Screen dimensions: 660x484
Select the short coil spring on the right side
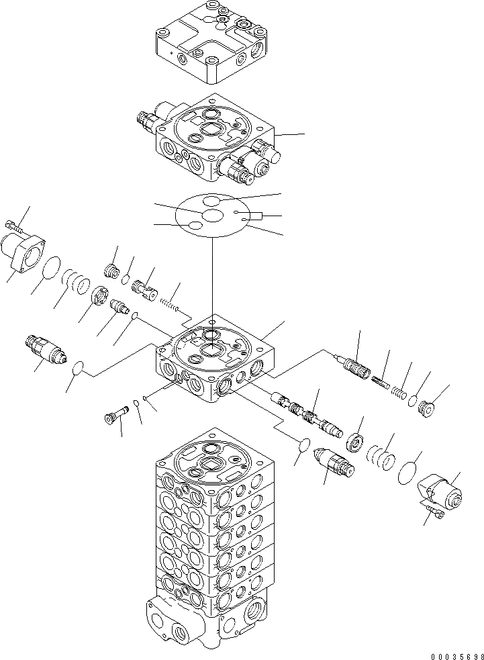click(399, 391)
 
